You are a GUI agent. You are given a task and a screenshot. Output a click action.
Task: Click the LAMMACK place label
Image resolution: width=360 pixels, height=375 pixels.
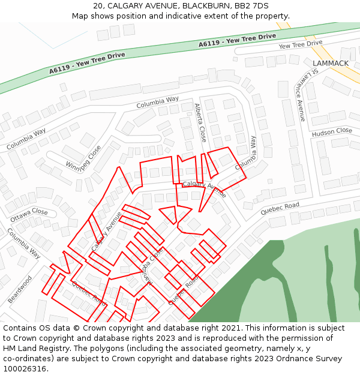pyautogui.click(x=331, y=63)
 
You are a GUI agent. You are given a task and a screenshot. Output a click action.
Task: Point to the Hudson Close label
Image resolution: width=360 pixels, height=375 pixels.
pyautogui.click(x=332, y=131)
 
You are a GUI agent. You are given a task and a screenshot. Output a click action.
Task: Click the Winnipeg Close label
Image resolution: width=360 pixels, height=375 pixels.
pyautogui.click(x=83, y=158)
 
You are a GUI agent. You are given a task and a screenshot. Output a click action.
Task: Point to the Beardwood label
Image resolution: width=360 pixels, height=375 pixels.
pyautogui.click(x=20, y=289)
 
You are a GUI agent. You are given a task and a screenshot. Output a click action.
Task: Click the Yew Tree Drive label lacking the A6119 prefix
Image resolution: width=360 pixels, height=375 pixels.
pyautogui.click(x=300, y=45)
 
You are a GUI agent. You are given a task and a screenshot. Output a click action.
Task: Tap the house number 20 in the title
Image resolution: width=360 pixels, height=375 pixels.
pyautogui.click(x=97, y=6)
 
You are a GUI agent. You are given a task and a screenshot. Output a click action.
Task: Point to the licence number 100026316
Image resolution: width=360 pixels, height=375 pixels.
pyautogui.click(x=26, y=369)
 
